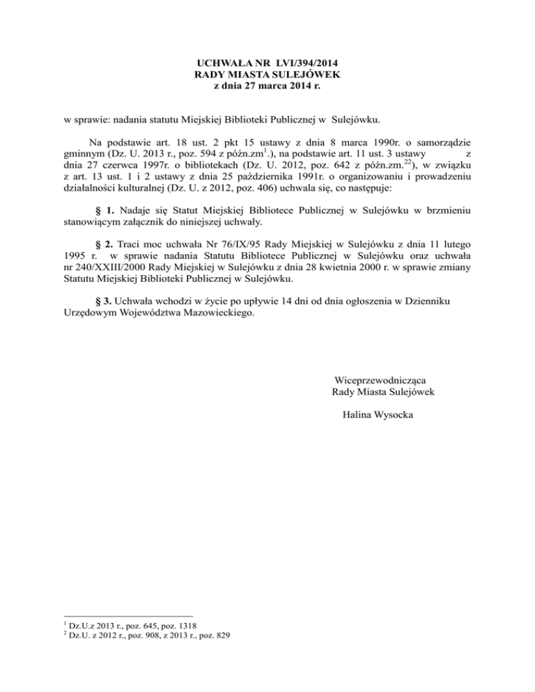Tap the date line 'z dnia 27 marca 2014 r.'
click(267, 86)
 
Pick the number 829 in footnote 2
click(222, 635)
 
